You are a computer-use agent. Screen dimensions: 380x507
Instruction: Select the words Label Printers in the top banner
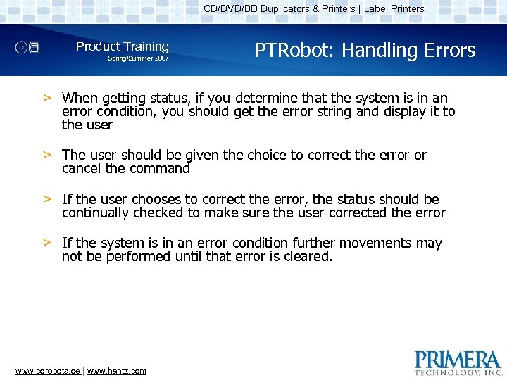pos(394,9)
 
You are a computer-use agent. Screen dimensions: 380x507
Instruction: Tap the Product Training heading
pos(123,46)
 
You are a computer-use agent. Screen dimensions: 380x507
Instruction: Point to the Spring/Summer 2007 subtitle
pos(138,58)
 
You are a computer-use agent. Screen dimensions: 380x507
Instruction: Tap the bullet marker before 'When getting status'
pos(46,98)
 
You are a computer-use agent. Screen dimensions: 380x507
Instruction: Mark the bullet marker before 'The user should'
pos(46,155)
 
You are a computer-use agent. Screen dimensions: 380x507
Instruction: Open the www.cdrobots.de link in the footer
pos(48,371)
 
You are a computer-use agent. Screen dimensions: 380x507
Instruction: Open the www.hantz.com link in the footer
pos(117,371)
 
